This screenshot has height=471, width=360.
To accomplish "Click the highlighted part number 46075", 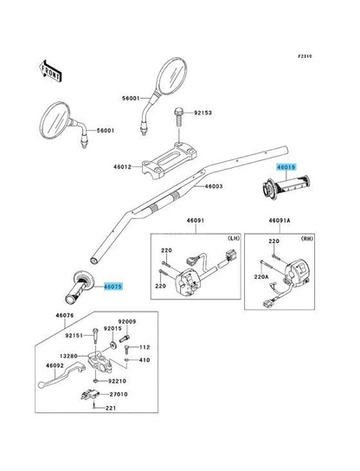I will [113, 284].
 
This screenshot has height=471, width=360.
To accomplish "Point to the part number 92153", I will [203, 113].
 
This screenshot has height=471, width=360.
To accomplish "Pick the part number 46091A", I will [279, 222].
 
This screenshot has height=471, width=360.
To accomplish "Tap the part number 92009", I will [128, 320].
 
